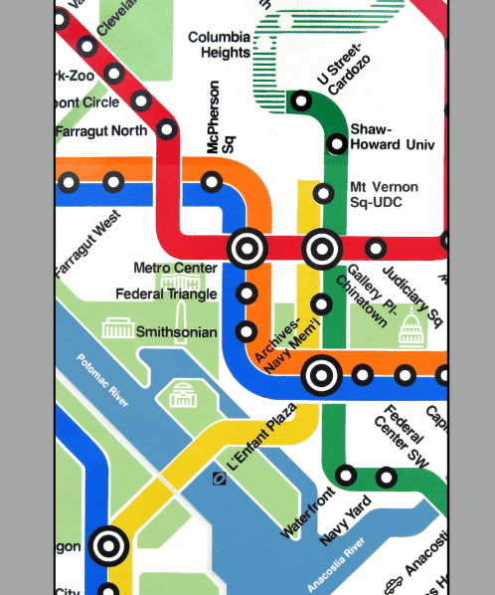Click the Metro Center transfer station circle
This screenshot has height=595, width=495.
[x=247, y=248]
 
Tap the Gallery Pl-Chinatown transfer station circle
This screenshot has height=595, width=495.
[x=323, y=248]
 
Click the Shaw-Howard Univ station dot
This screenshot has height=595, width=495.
[x=337, y=144]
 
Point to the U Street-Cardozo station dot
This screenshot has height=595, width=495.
[x=301, y=100]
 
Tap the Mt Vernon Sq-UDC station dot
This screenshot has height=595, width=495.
[x=323, y=193]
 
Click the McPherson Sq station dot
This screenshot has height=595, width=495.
[x=212, y=181]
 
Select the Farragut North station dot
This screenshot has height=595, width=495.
[x=167, y=128]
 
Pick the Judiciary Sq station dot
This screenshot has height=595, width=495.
[x=376, y=248]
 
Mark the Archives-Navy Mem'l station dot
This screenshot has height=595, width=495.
[x=321, y=304]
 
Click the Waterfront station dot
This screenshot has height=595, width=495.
[x=346, y=475]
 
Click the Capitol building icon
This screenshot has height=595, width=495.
[x=412, y=327]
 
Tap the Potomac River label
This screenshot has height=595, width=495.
[x=103, y=381]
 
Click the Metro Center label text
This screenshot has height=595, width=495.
[x=175, y=268]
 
